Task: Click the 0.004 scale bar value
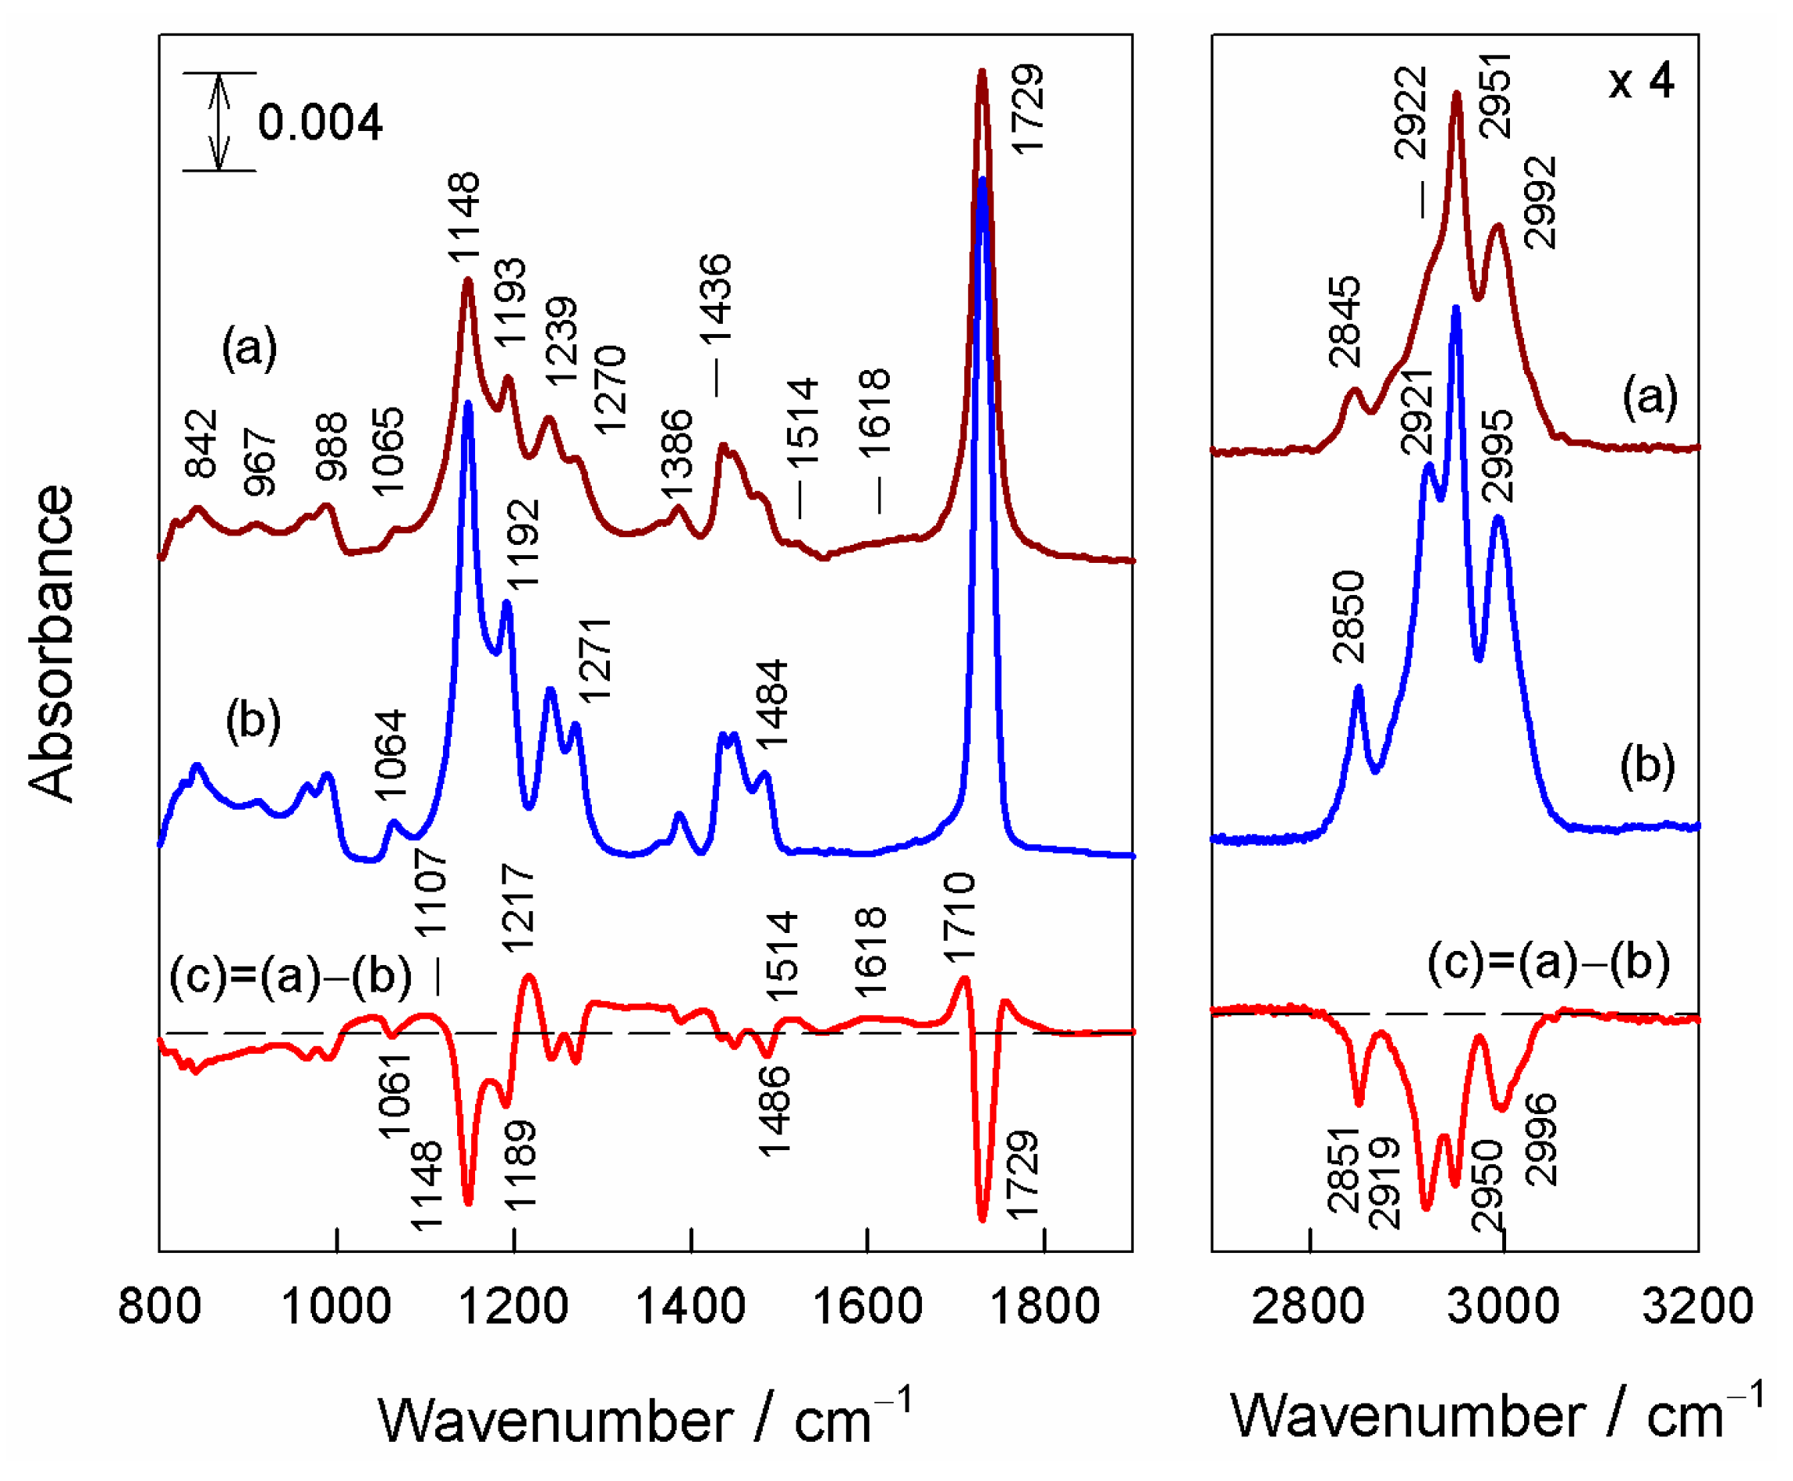[x=320, y=122]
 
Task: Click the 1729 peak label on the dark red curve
[x=1027, y=109]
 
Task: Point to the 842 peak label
[x=202, y=444]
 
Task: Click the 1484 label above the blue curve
[x=772, y=705]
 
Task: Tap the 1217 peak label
[x=517, y=908]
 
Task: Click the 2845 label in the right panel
[x=1345, y=321]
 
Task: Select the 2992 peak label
[x=1540, y=203]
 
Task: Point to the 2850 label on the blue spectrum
[x=1348, y=618]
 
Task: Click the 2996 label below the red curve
[x=1541, y=1140]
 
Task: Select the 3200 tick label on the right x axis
[x=1697, y=1305]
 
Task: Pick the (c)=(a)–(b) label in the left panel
[x=290, y=975]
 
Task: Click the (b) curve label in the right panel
[x=1647, y=765]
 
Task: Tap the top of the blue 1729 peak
[x=983, y=182]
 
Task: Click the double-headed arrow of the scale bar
[x=220, y=122]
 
